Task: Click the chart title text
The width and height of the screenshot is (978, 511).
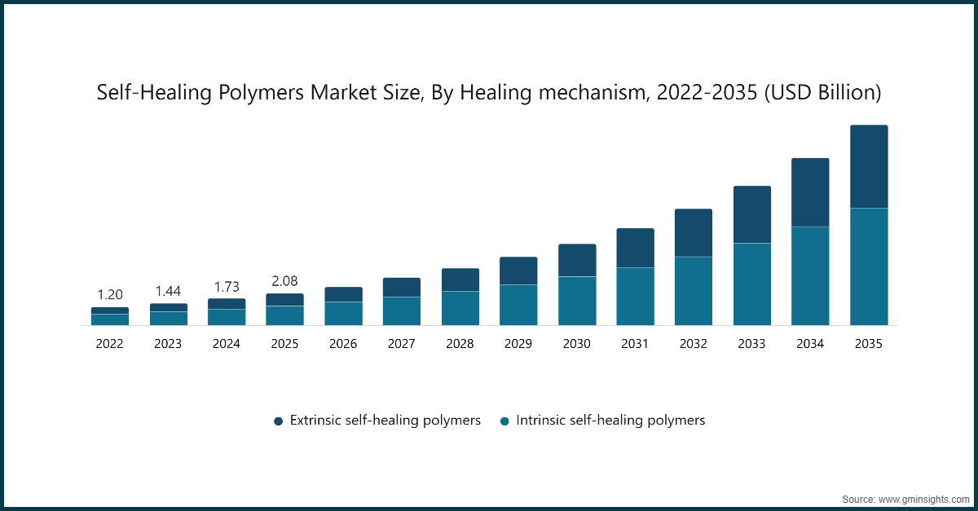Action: click(489, 93)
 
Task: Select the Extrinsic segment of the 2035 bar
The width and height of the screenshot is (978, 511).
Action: click(869, 167)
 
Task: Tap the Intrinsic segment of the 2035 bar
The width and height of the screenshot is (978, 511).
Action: click(869, 267)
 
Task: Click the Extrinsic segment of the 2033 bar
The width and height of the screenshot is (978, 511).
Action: click(751, 215)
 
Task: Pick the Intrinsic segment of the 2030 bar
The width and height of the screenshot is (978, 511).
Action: click(577, 301)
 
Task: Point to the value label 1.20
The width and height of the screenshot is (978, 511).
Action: click(109, 295)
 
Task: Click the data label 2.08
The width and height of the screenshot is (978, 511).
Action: click(284, 281)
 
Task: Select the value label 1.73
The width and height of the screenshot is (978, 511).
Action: click(227, 287)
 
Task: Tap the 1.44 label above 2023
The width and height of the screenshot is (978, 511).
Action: click(168, 291)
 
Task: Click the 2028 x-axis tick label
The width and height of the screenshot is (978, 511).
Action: click(460, 345)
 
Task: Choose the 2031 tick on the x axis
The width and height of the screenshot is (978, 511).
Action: click(635, 345)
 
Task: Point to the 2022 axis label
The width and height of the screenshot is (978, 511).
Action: click(109, 345)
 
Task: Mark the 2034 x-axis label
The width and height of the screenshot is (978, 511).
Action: click(810, 345)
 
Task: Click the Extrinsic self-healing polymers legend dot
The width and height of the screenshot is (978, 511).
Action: click(278, 421)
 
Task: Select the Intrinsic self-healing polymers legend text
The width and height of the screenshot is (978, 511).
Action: click(610, 421)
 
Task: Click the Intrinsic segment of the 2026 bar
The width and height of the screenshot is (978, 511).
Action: click(343, 314)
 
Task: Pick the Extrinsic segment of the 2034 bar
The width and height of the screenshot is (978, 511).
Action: click(810, 192)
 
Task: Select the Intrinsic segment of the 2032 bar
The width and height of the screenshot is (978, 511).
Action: click(694, 291)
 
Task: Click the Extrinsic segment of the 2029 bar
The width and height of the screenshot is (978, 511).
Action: click(518, 271)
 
